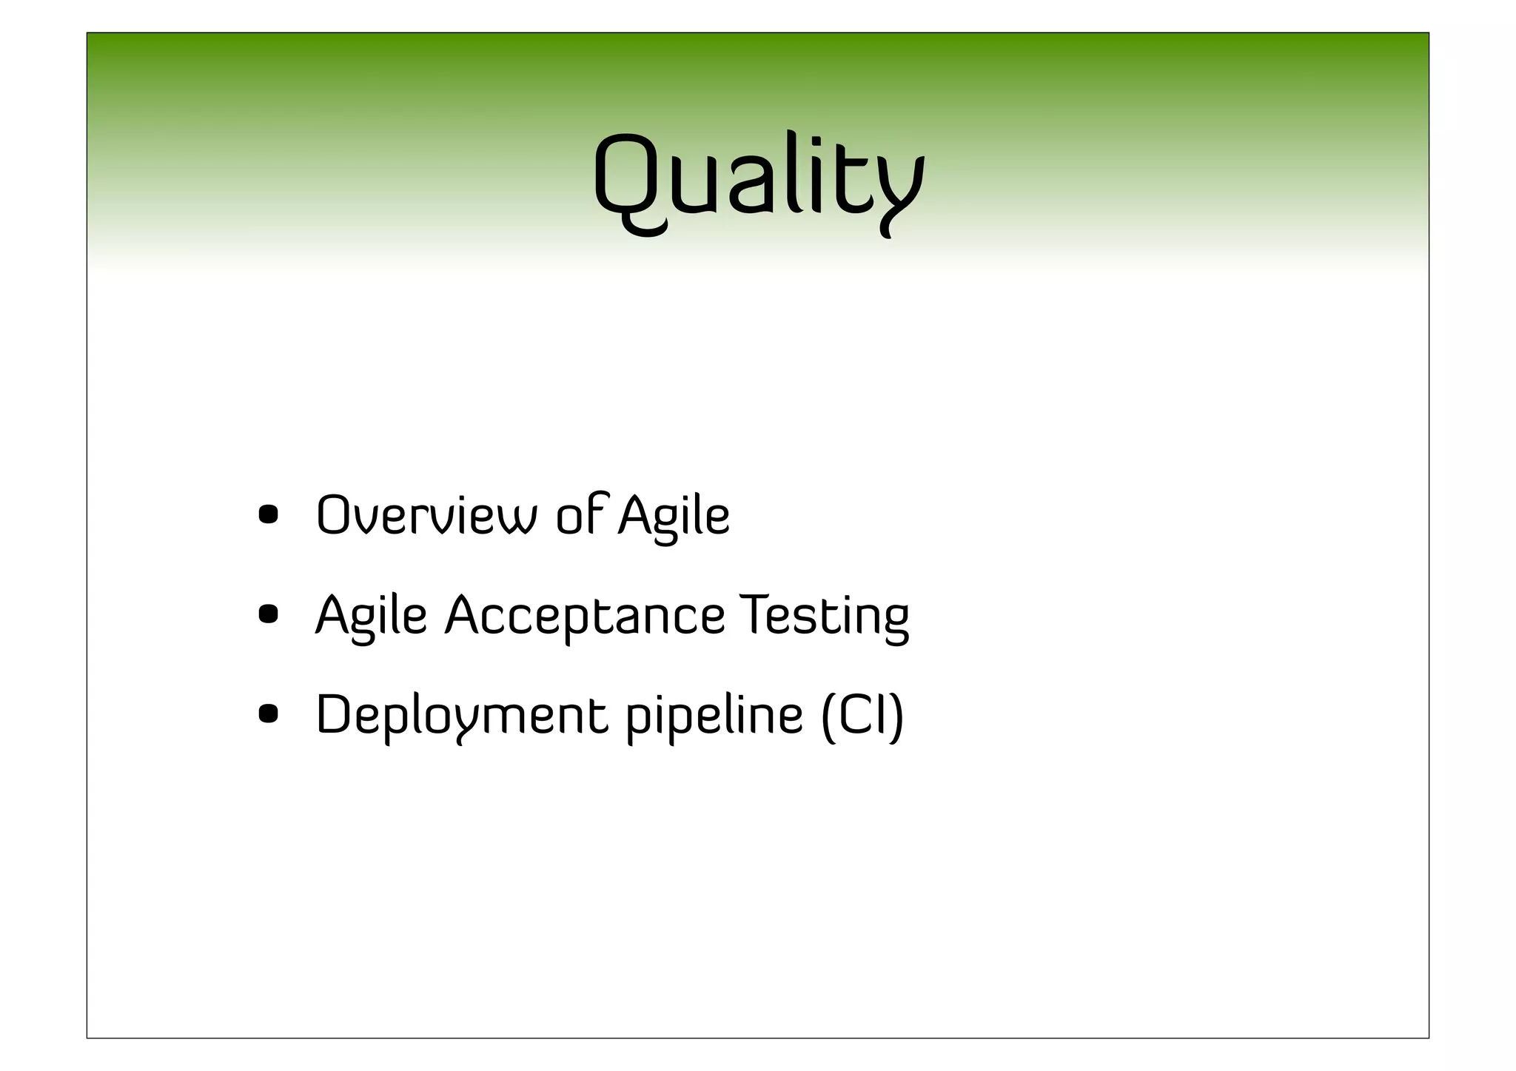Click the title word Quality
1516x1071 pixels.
[758, 181]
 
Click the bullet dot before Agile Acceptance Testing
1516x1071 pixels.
[268, 614]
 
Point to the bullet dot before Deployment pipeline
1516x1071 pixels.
[268, 714]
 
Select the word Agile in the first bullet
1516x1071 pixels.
[674, 517]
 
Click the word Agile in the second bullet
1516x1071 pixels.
[372, 616]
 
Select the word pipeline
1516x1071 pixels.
[714, 716]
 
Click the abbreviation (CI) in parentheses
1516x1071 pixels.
[862, 715]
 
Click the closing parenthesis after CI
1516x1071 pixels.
[896, 715]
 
